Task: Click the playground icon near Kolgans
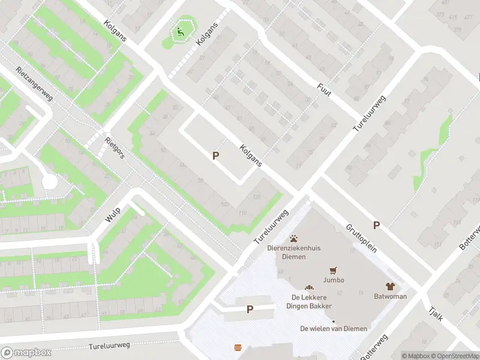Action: [179, 32]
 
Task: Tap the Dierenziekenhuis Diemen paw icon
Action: [294, 238]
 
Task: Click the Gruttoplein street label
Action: [361, 238]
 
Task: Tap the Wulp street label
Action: [113, 214]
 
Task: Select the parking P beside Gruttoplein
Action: [376, 225]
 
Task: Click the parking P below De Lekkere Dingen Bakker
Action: [250, 309]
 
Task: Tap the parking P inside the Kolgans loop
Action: [215, 155]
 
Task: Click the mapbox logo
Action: [26, 353]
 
